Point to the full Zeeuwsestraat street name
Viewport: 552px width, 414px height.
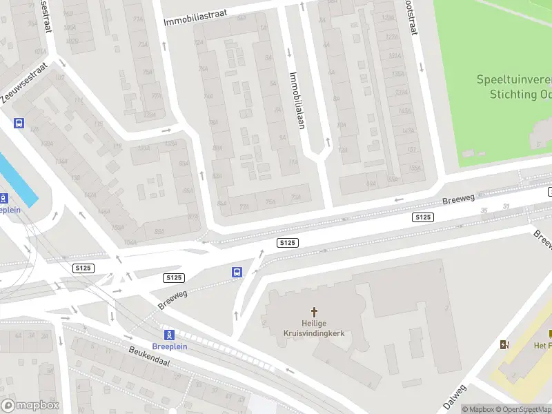click(x=23, y=82)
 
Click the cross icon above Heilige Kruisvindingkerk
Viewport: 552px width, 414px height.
click(x=315, y=312)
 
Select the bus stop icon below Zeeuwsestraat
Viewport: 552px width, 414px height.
click(x=19, y=123)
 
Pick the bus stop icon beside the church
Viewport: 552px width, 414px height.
click(x=237, y=272)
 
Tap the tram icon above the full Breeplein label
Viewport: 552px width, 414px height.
click(x=168, y=335)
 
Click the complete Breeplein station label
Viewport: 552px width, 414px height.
click(x=168, y=346)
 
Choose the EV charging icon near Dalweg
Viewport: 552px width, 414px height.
click(x=505, y=344)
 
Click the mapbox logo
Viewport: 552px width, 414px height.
click(x=30, y=406)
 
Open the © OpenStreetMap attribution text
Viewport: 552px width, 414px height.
click(x=524, y=409)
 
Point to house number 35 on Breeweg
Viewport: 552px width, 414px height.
click(x=484, y=210)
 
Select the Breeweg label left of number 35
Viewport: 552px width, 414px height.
click(x=458, y=200)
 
